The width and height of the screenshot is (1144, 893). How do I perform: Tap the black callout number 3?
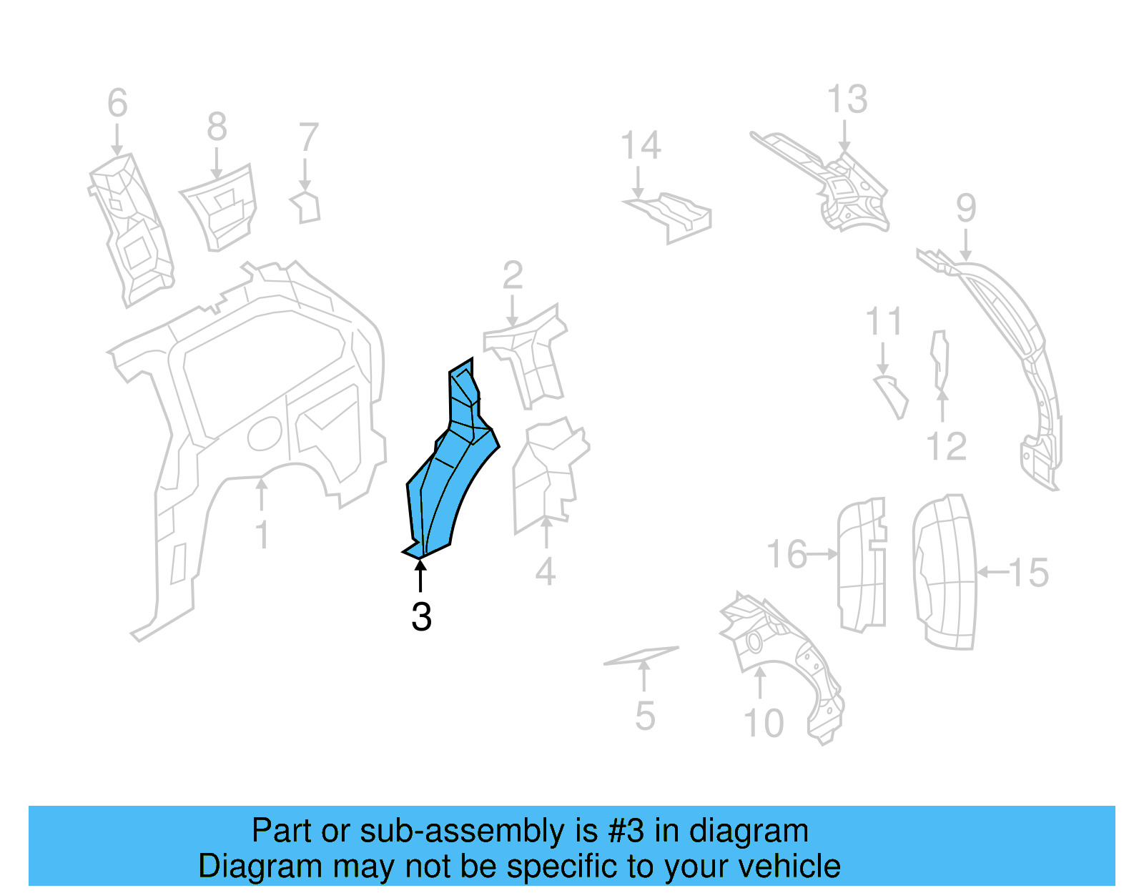(x=421, y=616)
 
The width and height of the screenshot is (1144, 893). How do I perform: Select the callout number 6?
(x=117, y=104)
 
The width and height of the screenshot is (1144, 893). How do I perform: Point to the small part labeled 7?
(x=307, y=207)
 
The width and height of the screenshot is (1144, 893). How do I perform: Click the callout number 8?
(x=217, y=128)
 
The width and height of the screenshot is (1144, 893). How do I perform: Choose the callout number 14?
(x=641, y=146)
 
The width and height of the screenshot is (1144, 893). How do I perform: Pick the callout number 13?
(x=847, y=99)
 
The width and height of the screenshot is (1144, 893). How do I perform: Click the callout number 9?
(x=966, y=208)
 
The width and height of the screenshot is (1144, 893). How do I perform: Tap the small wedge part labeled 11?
(x=892, y=395)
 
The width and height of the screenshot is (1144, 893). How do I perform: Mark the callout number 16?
(x=786, y=555)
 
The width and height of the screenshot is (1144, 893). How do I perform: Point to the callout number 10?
(x=764, y=724)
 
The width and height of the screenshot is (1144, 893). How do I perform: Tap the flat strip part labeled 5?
(x=641, y=656)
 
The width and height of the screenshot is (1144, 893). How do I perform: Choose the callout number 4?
(x=546, y=572)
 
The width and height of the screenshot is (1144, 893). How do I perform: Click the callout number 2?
(x=513, y=276)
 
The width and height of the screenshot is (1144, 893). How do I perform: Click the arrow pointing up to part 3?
(x=420, y=576)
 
